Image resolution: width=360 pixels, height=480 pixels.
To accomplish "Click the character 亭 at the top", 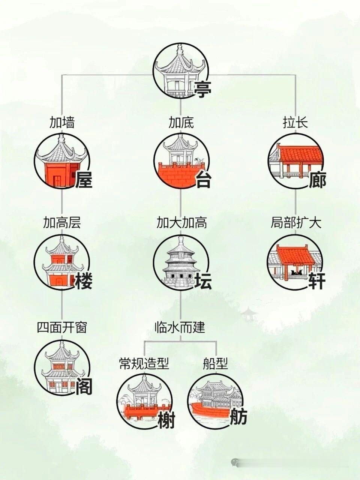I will [202, 89].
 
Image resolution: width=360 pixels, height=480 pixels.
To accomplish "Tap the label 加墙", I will [62, 123].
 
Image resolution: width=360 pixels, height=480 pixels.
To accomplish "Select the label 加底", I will [181, 123].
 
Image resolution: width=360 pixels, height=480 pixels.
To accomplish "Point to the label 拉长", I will [295, 123].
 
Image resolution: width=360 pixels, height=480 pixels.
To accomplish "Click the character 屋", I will [84, 180].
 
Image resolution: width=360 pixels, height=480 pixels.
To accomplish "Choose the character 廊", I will [318, 180].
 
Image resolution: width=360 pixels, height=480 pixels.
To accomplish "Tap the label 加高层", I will [62, 223].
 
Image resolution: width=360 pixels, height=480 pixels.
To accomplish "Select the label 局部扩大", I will [296, 223].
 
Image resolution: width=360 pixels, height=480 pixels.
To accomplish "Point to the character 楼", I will [84, 281].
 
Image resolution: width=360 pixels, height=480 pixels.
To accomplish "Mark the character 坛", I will [203, 281].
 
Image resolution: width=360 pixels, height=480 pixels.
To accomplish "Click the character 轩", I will [317, 281].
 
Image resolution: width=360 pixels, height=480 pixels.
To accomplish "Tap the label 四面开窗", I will [62, 327].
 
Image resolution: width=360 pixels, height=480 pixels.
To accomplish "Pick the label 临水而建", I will [180, 327].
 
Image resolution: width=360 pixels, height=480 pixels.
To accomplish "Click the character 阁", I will [84, 386].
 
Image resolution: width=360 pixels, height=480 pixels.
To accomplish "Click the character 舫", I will [238, 416].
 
